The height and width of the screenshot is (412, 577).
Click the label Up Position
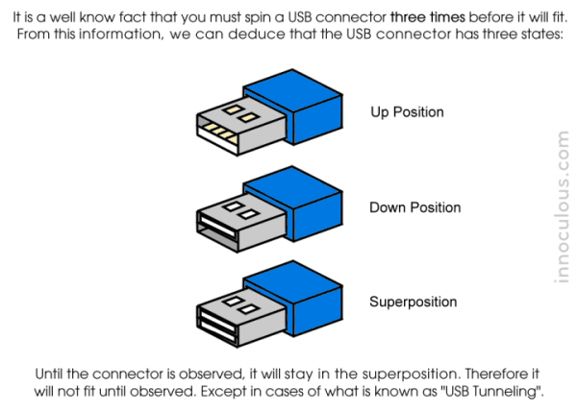[407, 112]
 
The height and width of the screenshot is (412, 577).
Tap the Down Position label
[414, 207]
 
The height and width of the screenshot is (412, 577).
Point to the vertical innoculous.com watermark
[563, 207]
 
